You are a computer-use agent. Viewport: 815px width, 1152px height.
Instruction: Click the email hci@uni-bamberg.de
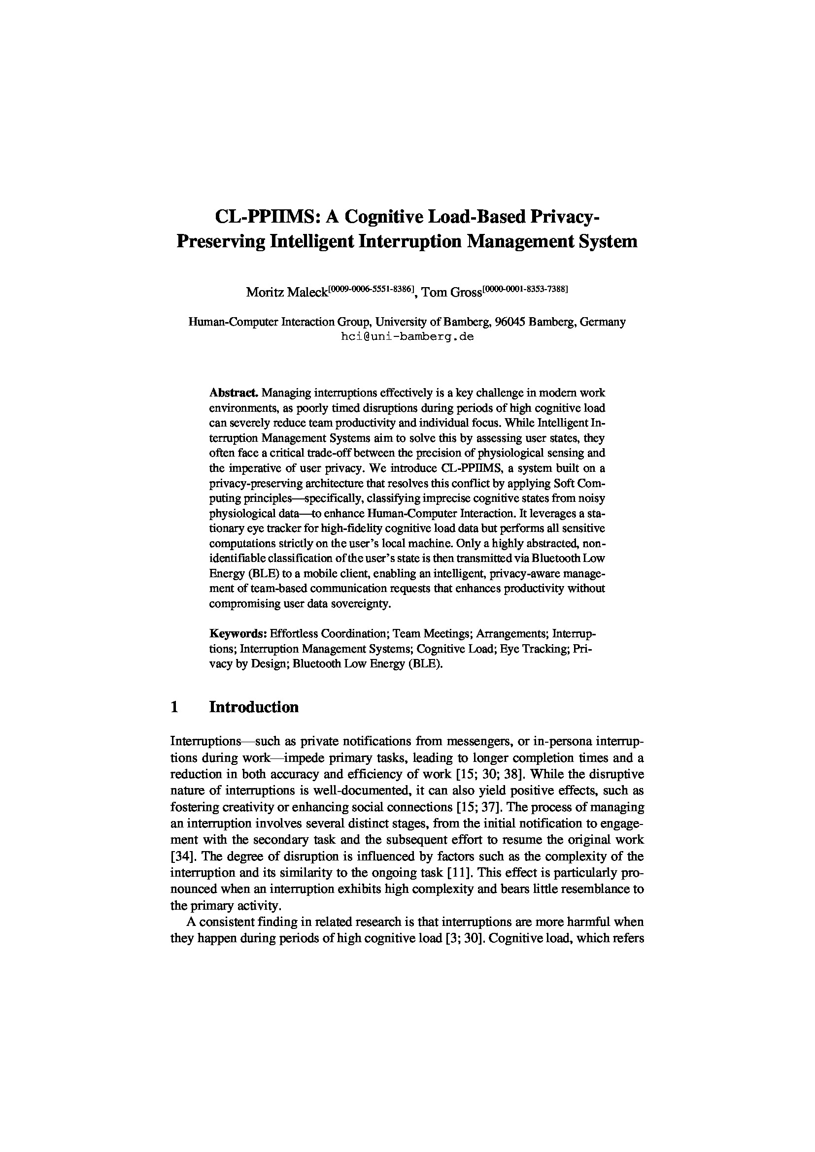(x=407, y=337)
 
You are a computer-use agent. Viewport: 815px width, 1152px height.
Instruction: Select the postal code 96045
(x=509, y=322)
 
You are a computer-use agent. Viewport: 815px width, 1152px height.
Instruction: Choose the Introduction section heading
(x=253, y=707)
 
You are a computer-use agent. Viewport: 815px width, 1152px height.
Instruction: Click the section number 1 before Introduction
(x=174, y=707)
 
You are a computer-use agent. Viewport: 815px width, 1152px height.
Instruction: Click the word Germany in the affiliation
(x=602, y=322)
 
